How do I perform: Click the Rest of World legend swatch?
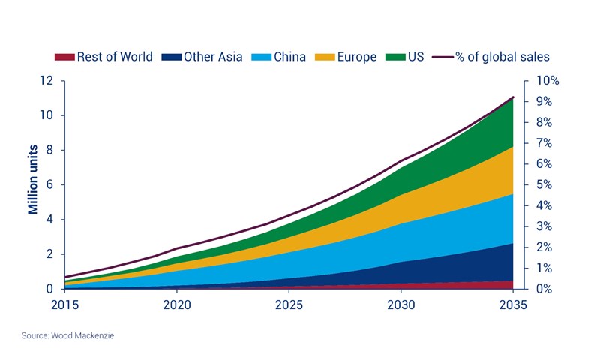pos(64,57)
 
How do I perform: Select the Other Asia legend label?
pos(210,57)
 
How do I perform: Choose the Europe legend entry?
pos(356,57)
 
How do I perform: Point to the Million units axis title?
pos(34,184)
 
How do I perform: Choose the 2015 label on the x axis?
pos(64,305)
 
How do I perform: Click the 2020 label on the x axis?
pos(176,305)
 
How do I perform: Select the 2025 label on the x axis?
pos(289,305)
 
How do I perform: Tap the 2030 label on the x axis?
pos(400,305)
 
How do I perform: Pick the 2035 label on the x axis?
pos(512,305)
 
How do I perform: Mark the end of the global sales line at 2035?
pos(512,97)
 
